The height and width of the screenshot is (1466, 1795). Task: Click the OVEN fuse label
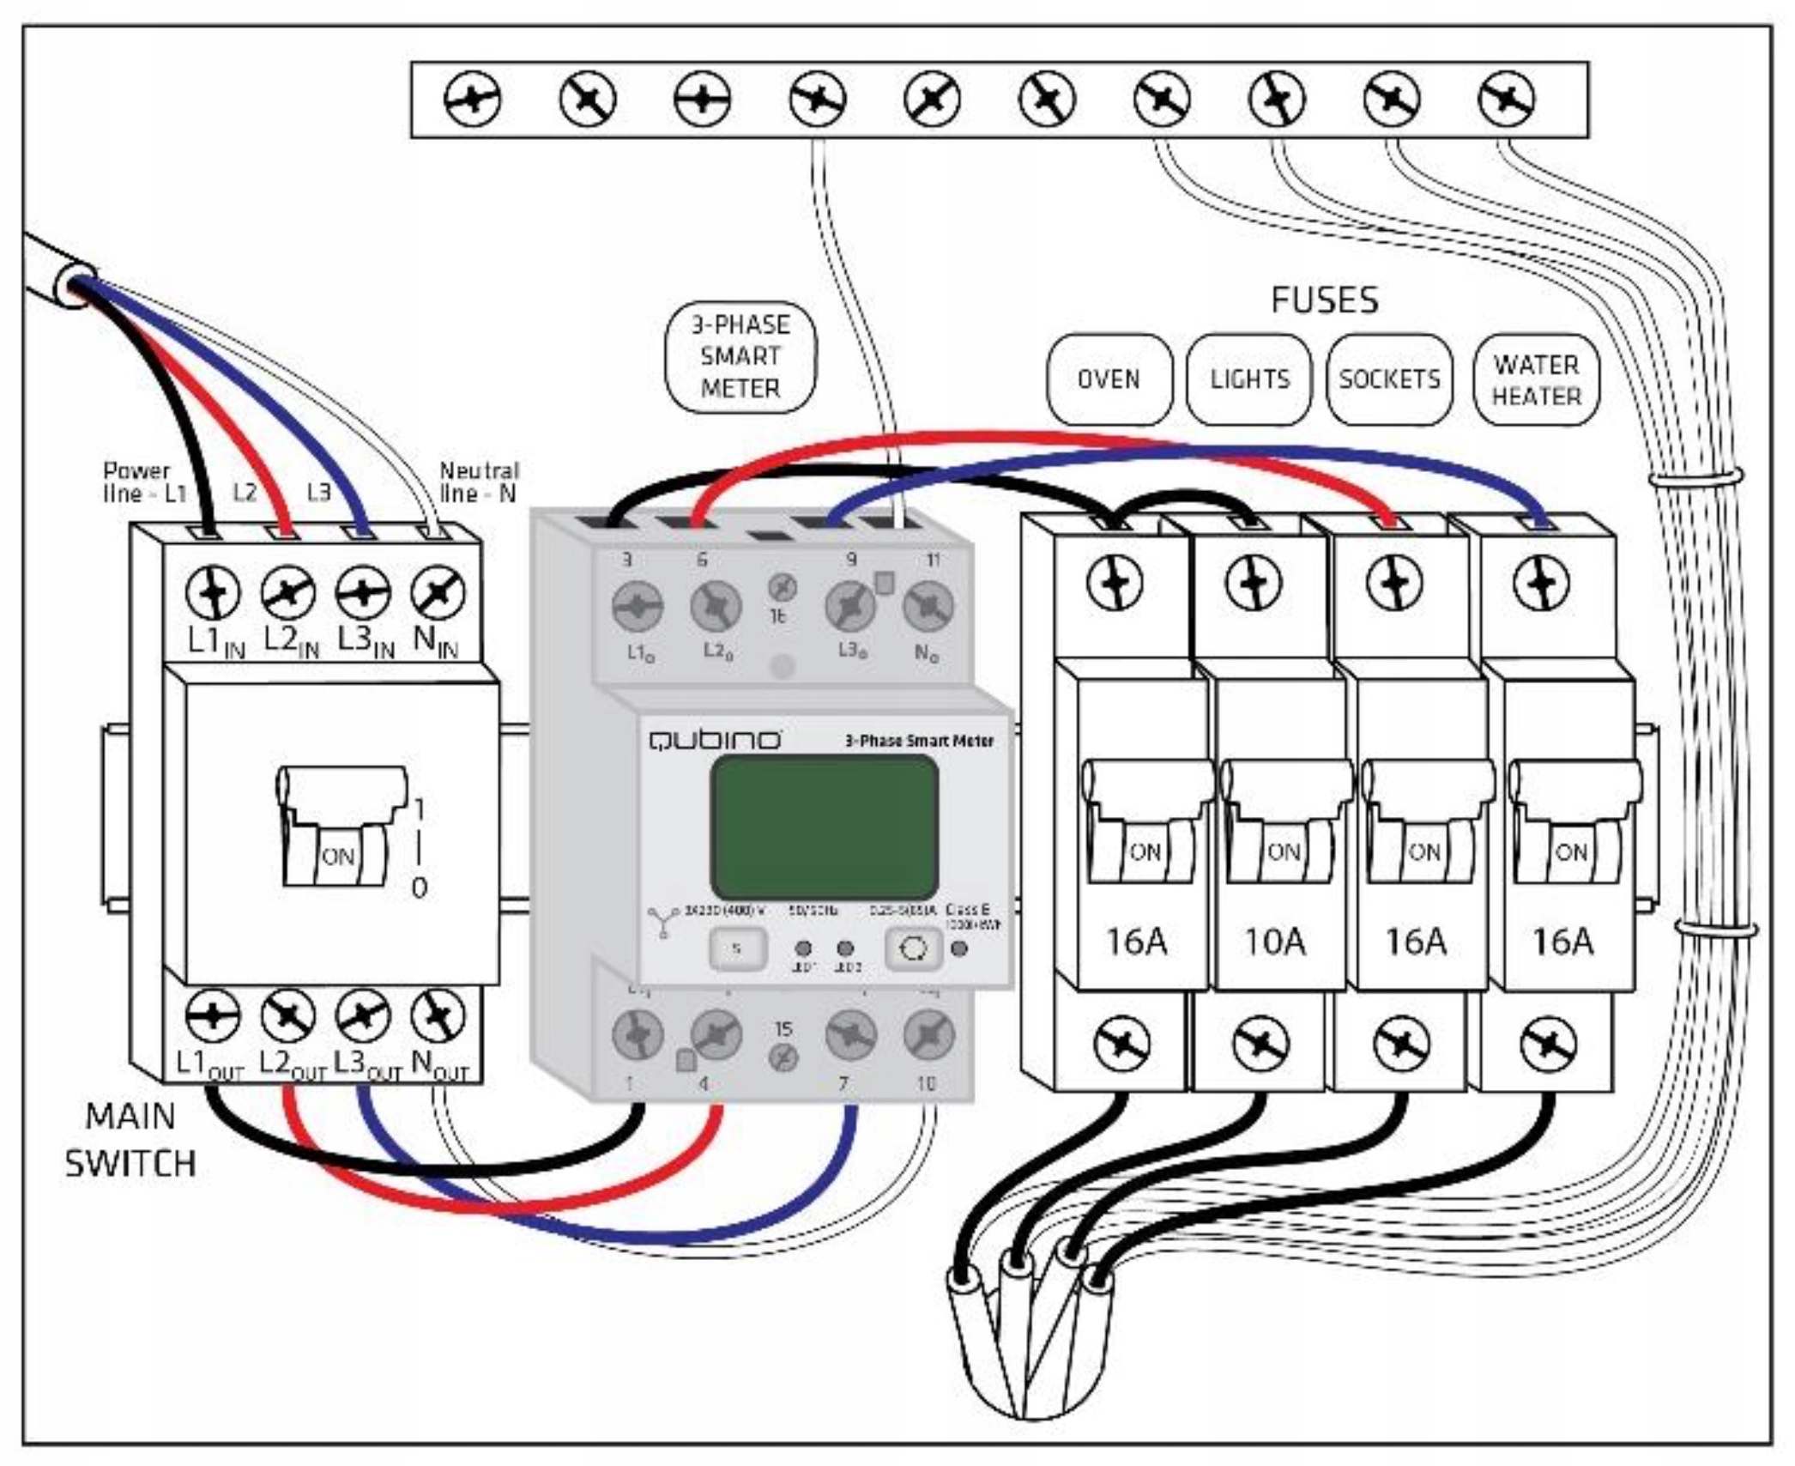(x=1109, y=379)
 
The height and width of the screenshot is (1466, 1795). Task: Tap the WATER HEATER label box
(x=1536, y=380)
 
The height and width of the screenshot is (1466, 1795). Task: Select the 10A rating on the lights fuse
(x=1275, y=942)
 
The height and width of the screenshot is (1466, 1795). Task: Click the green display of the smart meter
(x=824, y=827)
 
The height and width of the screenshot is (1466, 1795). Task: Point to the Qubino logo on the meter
(x=715, y=739)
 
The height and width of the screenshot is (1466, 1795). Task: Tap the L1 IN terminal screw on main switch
(x=213, y=592)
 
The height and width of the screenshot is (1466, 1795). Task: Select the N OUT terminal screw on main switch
(x=438, y=1016)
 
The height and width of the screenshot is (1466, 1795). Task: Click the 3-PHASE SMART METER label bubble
(x=740, y=356)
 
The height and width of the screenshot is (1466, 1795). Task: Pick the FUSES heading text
(x=1324, y=300)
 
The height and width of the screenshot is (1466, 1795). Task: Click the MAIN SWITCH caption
(x=130, y=1140)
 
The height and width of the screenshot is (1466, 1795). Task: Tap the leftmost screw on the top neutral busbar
(x=473, y=100)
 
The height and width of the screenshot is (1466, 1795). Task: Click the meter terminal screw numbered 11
(x=928, y=606)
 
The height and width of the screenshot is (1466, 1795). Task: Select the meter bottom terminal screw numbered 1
(x=638, y=1033)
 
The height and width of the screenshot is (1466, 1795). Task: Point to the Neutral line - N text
(x=479, y=482)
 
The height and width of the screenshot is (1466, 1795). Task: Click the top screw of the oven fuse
(x=1115, y=583)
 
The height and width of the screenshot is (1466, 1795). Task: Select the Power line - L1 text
(x=144, y=482)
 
